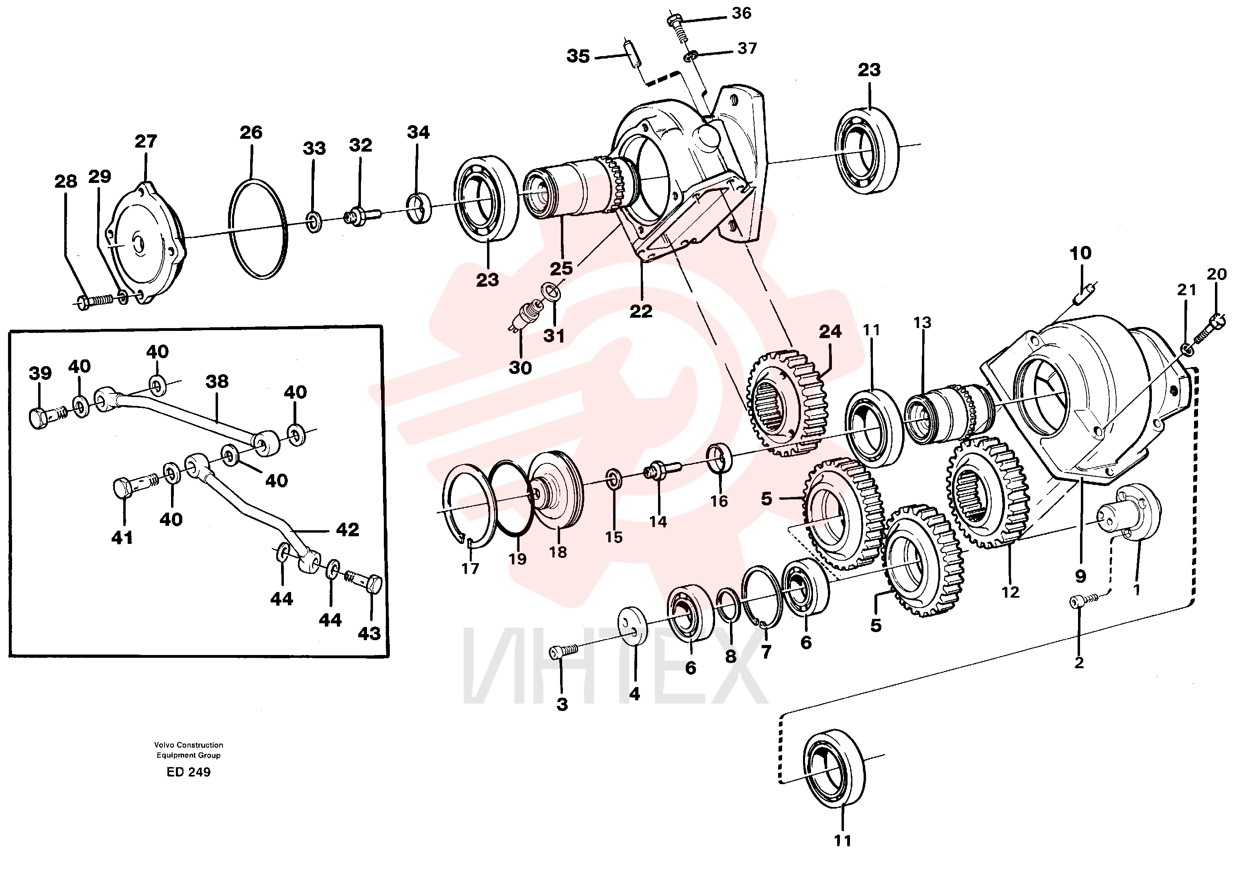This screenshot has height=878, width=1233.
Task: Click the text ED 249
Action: pyautogui.click(x=188, y=772)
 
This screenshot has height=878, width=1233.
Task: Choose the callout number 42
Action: pyautogui.click(x=347, y=529)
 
